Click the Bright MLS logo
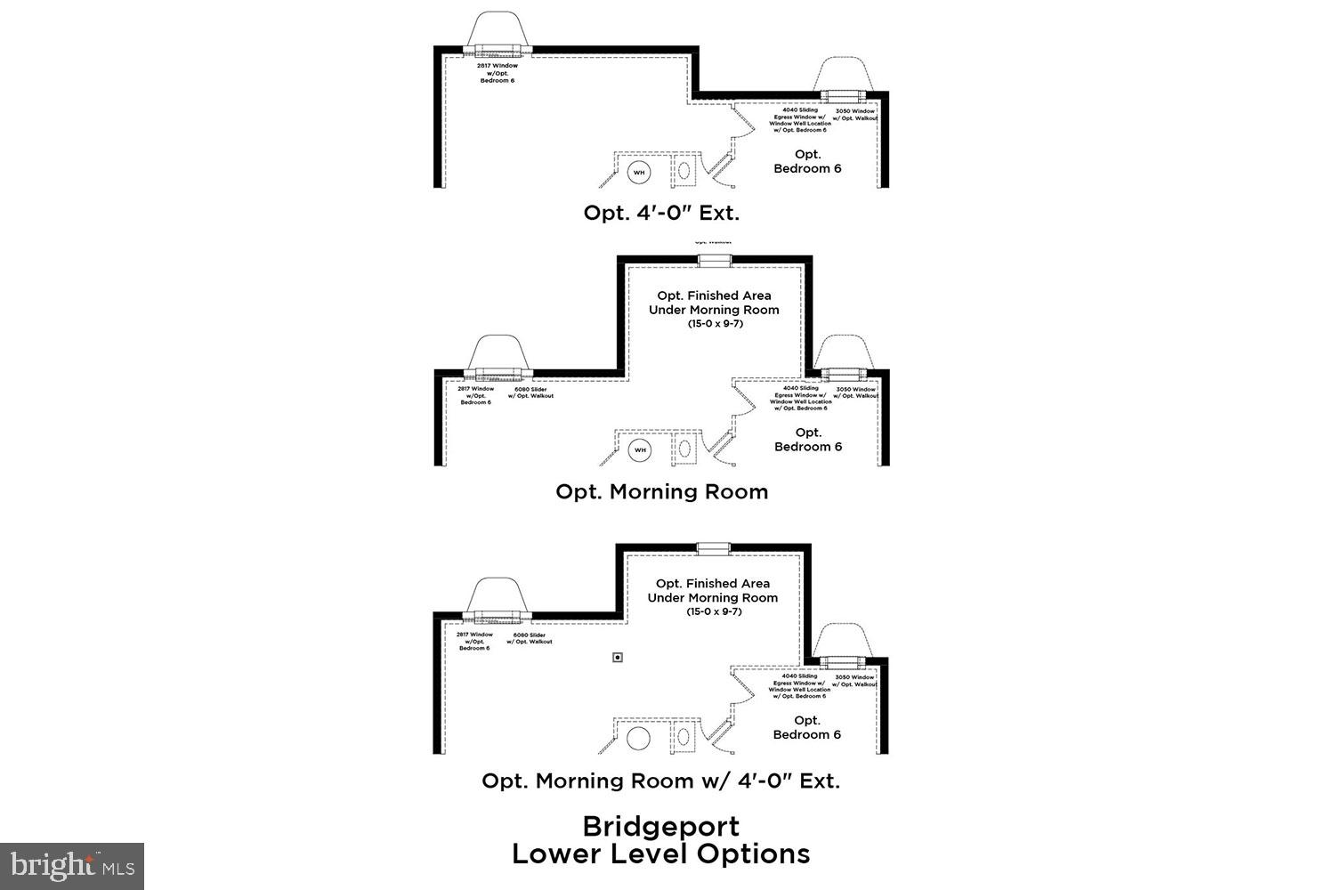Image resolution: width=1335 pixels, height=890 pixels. point(72,865)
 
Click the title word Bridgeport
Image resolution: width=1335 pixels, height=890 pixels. point(661,826)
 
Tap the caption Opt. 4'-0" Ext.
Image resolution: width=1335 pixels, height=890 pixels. point(661,213)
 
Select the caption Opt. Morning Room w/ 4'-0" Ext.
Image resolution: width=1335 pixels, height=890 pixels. point(661,781)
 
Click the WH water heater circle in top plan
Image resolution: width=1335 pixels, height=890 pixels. point(639,172)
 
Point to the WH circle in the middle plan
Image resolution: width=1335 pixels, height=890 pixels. point(639,450)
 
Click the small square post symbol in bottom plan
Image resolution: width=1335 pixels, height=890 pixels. point(618,658)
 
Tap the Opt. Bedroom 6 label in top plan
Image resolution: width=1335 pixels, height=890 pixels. point(807,161)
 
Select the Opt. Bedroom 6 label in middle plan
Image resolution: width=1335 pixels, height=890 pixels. point(808,440)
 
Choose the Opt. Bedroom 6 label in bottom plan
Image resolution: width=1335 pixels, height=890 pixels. point(807,727)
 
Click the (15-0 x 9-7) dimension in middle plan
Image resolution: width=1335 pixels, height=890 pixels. point(714,323)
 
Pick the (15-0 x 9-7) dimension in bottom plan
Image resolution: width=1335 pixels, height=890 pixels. point(713,611)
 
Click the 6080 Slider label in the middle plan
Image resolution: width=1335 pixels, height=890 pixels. point(530,392)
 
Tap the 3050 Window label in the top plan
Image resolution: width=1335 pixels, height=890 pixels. point(855,114)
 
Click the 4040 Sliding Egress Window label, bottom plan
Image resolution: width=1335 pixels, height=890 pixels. point(799,685)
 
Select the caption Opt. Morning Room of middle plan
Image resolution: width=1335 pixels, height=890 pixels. point(661,491)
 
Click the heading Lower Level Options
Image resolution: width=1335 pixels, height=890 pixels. point(661,854)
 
